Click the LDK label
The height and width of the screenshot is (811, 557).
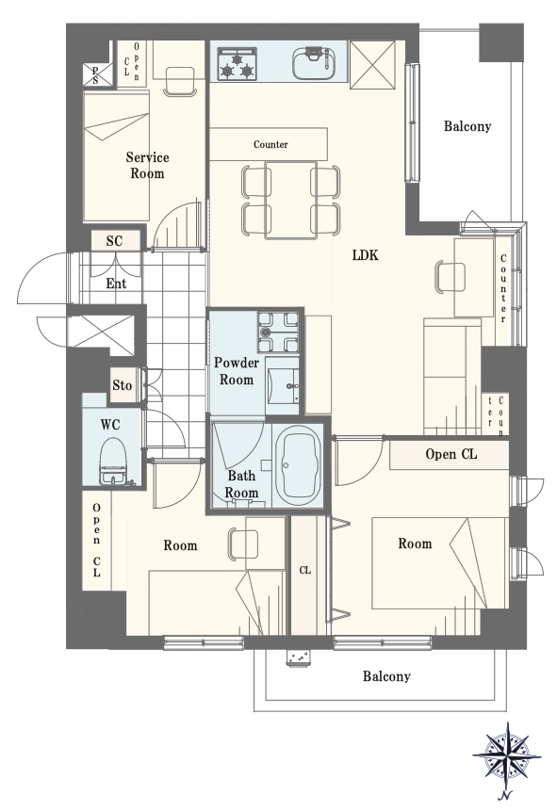(x=366, y=255)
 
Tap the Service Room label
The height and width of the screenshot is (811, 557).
(x=147, y=166)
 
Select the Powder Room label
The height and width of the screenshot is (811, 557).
(x=235, y=371)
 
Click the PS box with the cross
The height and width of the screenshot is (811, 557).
(x=95, y=75)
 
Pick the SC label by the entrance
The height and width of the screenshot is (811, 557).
(x=114, y=241)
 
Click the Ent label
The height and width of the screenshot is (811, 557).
(x=116, y=284)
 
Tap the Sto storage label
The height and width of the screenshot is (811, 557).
(x=123, y=385)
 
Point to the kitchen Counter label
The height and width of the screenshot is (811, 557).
(x=270, y=145)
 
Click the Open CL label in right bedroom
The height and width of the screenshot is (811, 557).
(x=451, y=455)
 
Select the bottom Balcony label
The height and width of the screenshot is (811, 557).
(x=386, y=676)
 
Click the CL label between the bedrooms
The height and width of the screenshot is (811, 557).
(x=304, y=570)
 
